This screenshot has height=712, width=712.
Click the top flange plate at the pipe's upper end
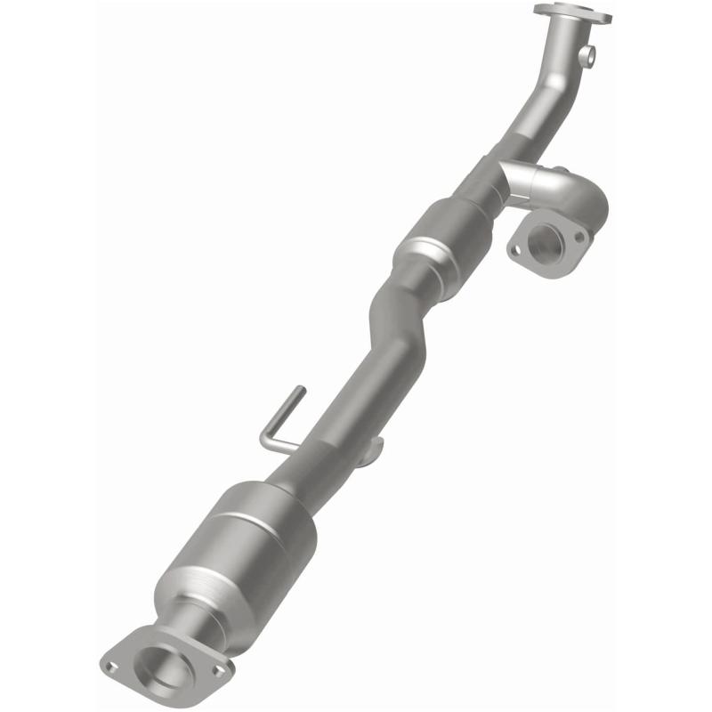pyautogui.click(x=572, y=12)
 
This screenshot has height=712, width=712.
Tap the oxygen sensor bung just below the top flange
pyautogui.click(x=586, y=56)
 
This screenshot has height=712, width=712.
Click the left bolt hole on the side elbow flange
pyautogui.click(x=515, y=252)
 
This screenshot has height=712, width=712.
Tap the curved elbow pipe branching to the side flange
pyautogui.click(x=561, y=191)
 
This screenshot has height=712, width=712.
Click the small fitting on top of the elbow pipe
pyautogui.click(x=560, y=170)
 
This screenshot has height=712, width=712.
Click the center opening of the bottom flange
pyautogui.click(x=160, y=659)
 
